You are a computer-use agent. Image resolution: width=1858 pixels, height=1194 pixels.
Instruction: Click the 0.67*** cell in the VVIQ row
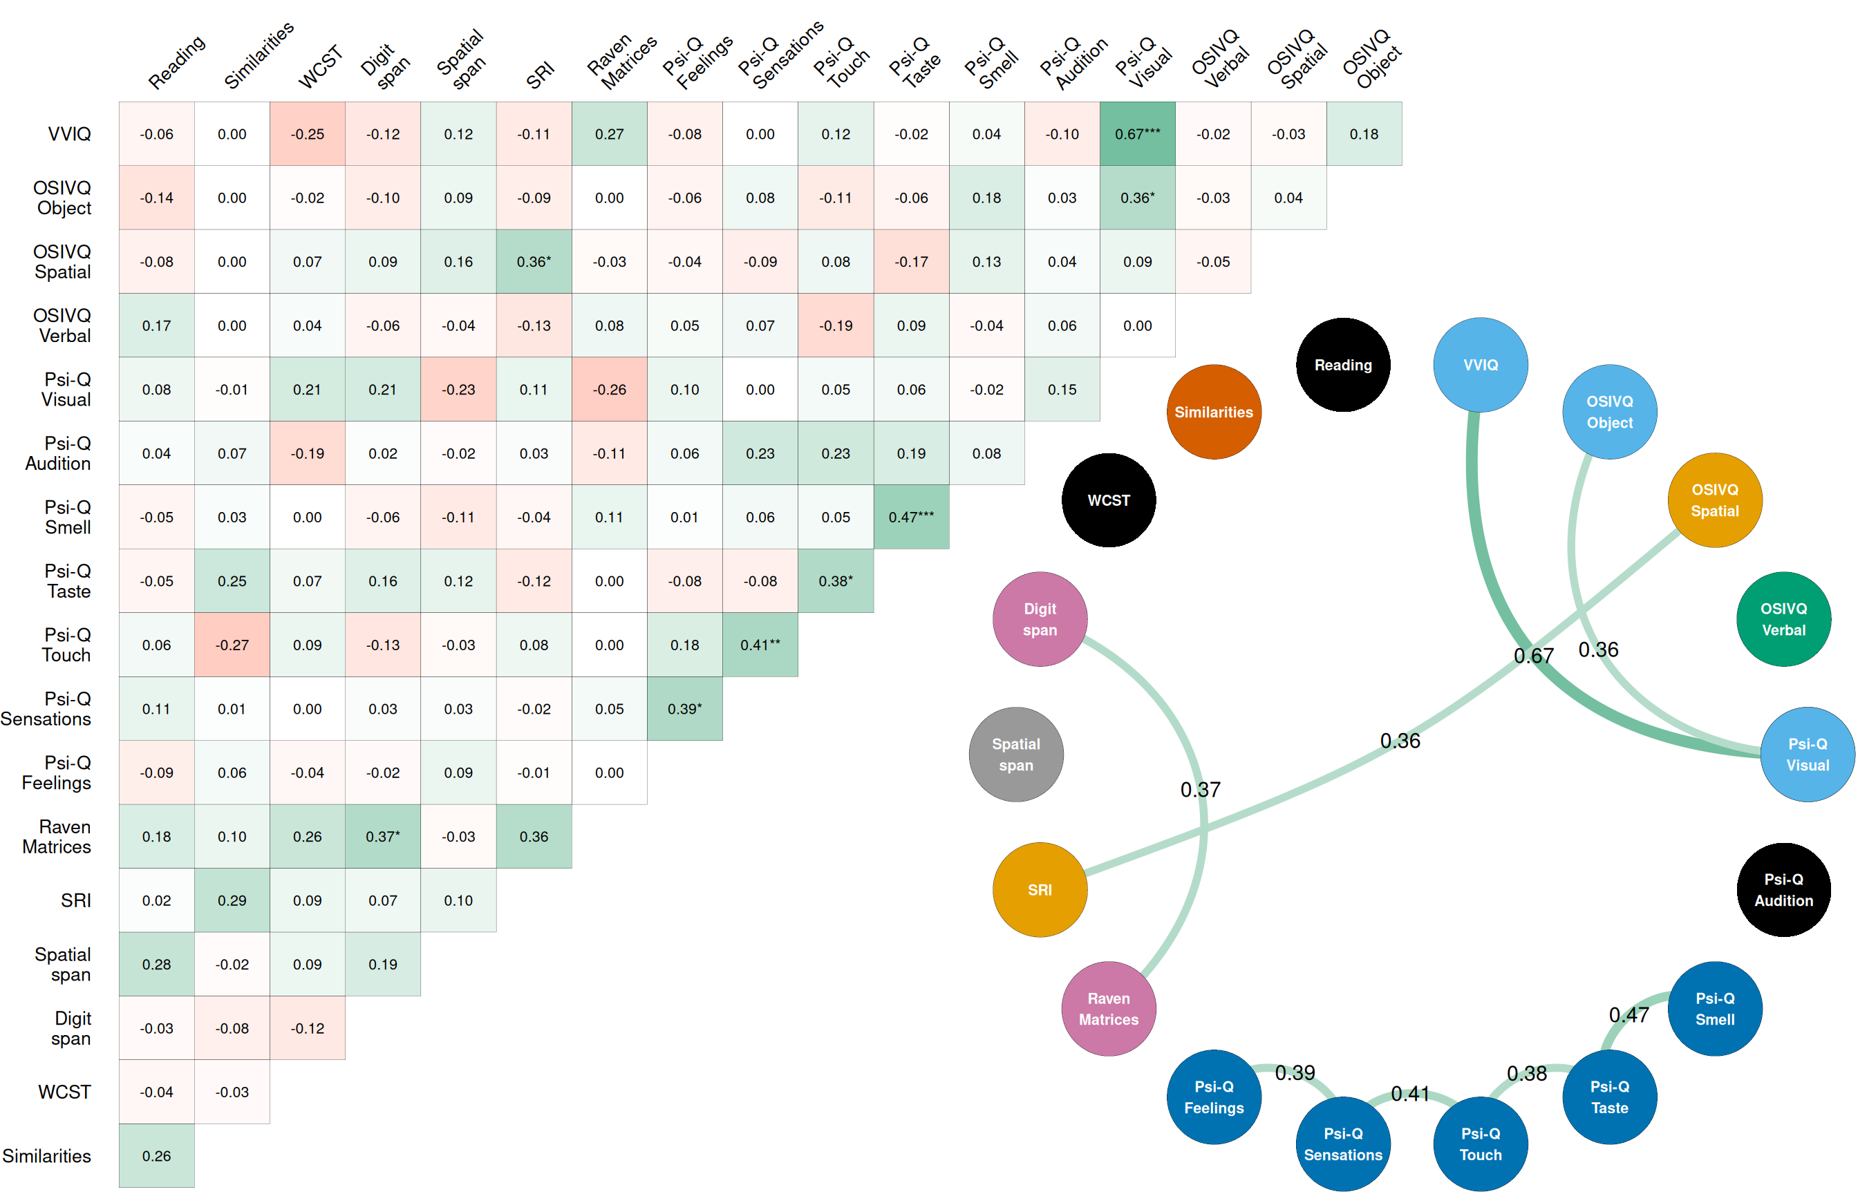[x=1137, y=134]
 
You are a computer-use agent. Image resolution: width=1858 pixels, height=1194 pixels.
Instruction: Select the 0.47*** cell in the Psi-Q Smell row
[x=910, y=517]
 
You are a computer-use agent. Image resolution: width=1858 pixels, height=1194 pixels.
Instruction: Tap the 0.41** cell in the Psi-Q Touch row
[x=760, y=645]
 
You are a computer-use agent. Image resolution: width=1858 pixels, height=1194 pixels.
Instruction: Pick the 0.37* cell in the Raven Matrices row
[x=383, y=837]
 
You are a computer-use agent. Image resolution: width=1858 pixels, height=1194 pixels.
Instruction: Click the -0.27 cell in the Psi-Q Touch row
[x=232, y=645]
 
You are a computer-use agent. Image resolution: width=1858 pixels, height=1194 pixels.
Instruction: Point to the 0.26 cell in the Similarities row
[x=157, y=1156]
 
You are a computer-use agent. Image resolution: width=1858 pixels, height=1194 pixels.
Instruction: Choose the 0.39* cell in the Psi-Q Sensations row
[x=685, y=709]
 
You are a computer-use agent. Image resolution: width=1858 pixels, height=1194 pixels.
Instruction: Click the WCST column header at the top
[x=319, y=68]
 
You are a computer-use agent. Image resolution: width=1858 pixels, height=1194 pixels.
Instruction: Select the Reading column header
[x=177, y=64]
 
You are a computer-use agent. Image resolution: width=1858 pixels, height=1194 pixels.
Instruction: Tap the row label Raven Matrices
[x=57, y=837]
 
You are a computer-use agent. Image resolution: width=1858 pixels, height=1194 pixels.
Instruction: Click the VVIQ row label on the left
[x=69, y=134]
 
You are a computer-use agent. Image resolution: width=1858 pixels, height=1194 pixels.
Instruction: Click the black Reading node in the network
[x=1342, y=365]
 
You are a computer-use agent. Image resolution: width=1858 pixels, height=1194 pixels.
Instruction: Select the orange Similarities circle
[x=1214, y=413]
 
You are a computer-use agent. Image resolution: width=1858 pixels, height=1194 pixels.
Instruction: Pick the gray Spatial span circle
[x=1016, y=755]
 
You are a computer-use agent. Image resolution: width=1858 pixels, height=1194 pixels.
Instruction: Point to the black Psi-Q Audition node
[x=1783, y=890]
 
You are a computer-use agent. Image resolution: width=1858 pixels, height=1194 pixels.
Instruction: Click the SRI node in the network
[x=1040, y=890]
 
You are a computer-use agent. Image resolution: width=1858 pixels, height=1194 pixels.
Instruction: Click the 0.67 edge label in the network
[x=1533, y=656]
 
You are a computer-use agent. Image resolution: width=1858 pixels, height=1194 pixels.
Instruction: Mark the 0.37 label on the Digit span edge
[x=1200, y=790]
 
